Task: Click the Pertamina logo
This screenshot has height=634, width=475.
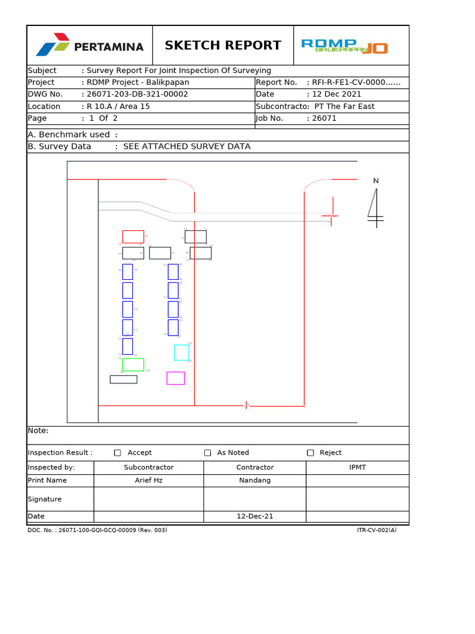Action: (90, 46)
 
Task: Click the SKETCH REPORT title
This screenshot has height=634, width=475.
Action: (223, 45)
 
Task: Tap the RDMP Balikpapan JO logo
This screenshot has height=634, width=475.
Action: (344, 46)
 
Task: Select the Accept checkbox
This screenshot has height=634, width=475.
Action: (118, 453)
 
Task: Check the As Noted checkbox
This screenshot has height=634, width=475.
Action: (208, 453)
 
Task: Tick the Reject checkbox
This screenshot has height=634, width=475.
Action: (310, 453)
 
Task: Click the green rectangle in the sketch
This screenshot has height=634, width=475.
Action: (133, 365)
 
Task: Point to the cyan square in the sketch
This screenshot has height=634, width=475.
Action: (181, 352)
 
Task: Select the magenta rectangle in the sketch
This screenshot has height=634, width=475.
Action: (176, 378)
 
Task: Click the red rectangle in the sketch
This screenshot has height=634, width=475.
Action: (133, 237)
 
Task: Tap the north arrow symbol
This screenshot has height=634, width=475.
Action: (375, 204)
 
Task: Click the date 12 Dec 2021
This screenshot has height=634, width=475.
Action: (336, 94)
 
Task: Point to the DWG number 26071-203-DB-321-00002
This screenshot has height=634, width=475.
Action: (137, 94)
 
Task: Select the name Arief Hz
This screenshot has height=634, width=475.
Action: (148, 480)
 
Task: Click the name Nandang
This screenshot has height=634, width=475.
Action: (255, 480)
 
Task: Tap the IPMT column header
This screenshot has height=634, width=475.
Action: (357, 467)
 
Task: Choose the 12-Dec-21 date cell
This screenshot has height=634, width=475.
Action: (255, 516)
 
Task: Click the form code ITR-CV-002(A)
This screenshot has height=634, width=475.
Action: (377, 530)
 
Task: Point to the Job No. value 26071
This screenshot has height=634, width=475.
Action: (324, 118)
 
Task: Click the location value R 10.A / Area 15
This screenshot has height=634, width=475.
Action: (118, 106)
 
